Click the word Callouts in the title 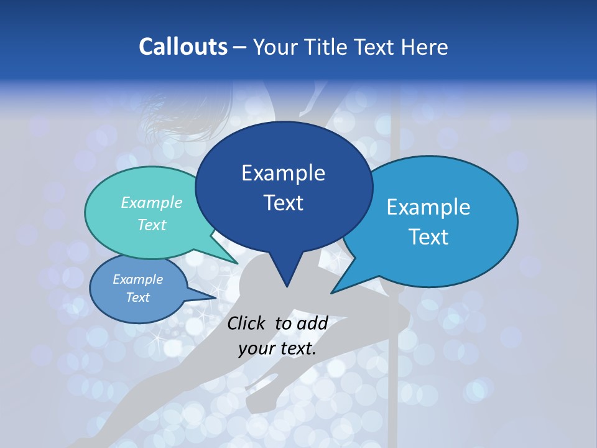pyautogui.click(x=183, y=47)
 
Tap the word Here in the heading pyautogui.click(x=424, y=47)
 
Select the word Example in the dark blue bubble pyautogui.click(x=283, y=173)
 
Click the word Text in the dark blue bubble pyautogui.click(x=283, y=203)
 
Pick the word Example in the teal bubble pyautogui.click(x=151, y=202)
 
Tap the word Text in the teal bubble pyautogui.click(x=151, y=225)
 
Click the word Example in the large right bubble pyautogui.click(x=428, y=207)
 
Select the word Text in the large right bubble pyautogui.click(x=429, y=237)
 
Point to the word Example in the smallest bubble pyautogui.click(x=137, y=279)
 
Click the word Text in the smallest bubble pyautogui.click(x=137, y=297)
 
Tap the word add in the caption pyautogui.click(x=312, y=323)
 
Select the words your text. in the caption pyautogui.click(x=277, y=348)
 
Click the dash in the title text pyautogui.click(x=240, y=47)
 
